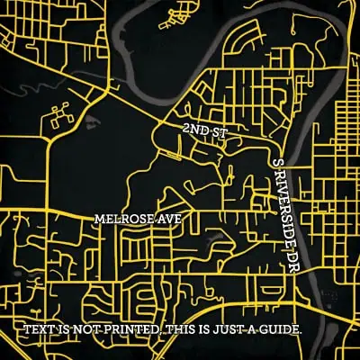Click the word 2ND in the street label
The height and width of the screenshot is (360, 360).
(192, 131)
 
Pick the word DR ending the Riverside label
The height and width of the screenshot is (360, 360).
(292, 262)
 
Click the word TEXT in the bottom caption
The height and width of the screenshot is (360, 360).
(39, 330)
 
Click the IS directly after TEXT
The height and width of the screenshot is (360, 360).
(61, 330)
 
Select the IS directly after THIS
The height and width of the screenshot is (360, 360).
(206, 330)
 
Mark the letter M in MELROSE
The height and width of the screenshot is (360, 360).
(99, 219)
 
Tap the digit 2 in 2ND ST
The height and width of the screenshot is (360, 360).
(184, 131)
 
